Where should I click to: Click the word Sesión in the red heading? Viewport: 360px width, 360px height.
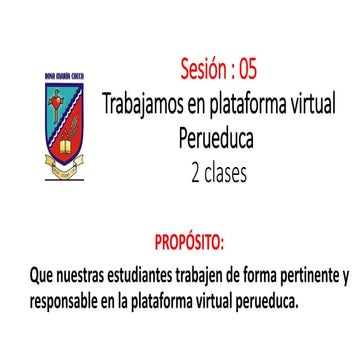point(202,69)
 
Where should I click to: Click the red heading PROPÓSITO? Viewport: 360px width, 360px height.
point(190,243)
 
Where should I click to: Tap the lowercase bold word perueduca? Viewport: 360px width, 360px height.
point(263,299)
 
